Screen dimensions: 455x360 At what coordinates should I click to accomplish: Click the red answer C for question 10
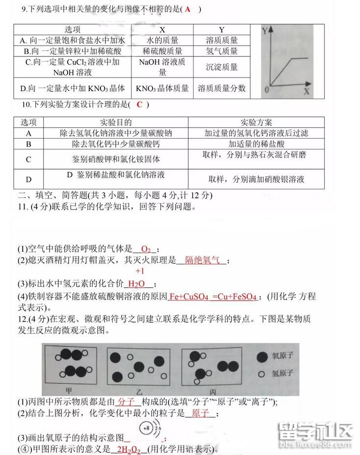(x=139, y=104)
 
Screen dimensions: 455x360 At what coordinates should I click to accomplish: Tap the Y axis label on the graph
(x=265, y=30)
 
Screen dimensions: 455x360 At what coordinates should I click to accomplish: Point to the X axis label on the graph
(x=307, y=91)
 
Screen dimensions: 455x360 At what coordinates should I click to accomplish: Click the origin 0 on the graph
(x=266, y=90)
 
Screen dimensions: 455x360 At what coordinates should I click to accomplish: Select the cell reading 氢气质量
(x=222, y=51)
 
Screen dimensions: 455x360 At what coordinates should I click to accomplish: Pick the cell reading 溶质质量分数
(x=222, y=88)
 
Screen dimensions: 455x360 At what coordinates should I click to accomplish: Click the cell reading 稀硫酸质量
(x=162, y=51)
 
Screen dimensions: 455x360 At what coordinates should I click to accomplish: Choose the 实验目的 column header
(x=116, y=123)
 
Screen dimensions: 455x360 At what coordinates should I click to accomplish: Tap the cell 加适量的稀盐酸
(x=256, y=144)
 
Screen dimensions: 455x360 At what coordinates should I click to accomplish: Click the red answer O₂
(x=145, y=249)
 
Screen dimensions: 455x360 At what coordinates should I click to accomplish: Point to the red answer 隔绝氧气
(x=202, y=260)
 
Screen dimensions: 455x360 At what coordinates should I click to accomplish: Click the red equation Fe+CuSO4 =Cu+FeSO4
(x=212, y=297)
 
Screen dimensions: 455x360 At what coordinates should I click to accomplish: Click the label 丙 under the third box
(x=213, y=392)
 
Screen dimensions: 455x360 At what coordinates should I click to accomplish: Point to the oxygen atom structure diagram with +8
(x=150, y=430)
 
